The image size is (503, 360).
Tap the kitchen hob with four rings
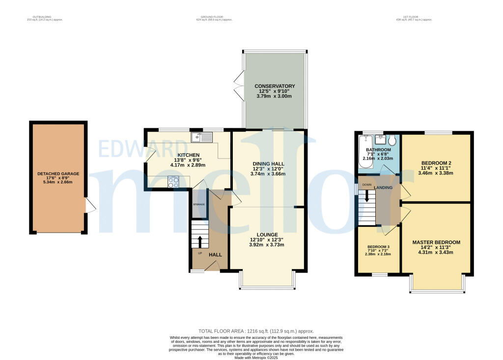(174, 182)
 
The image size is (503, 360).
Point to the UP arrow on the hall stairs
(199, 242)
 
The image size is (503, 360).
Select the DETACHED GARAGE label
(58, 174)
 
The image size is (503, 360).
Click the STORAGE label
(198, 204)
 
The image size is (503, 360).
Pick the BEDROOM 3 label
(378, 247)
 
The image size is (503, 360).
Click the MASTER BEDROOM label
(436, 242)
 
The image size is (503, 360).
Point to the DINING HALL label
(269, 164)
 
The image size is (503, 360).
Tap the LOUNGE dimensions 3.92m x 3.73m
(267, 245)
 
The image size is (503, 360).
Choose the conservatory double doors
(239, 84)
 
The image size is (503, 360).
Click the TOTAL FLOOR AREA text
(255, 331)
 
